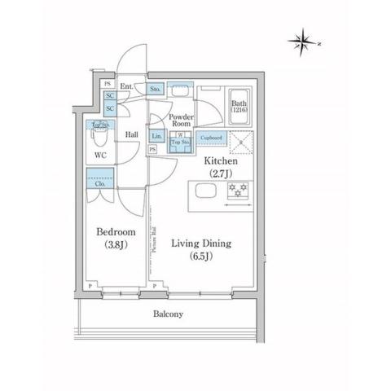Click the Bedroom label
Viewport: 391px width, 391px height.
click(x=114, y=231)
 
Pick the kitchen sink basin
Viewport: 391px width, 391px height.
click(x=204, y=192)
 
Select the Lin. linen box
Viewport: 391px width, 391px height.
click(x=156, y=136)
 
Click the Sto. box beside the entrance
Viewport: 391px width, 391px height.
click(x=156, y=88)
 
